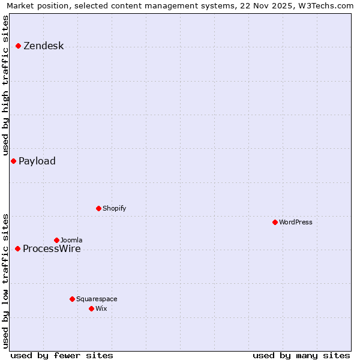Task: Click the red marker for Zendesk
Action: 19,46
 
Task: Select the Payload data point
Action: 13,161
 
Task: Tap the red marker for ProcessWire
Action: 18,248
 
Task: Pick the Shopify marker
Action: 98,208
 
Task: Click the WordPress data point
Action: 275,222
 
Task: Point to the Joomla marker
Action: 56,240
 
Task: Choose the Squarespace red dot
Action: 72,299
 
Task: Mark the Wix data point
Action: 91,308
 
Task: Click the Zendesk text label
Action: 43,46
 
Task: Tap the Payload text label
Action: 37,161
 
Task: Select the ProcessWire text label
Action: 52,249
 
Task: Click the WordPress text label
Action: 296,222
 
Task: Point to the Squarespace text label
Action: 97,299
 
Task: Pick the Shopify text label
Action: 114,208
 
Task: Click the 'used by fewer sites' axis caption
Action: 62,355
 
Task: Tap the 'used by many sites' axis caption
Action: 301,355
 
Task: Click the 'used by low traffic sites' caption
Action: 5,281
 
